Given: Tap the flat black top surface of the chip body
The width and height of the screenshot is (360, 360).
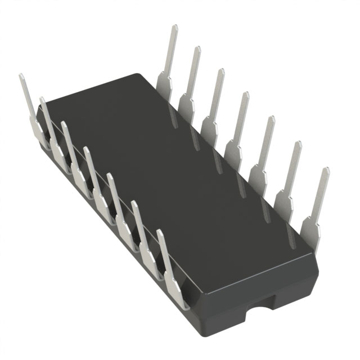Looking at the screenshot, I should [x=169, y=169].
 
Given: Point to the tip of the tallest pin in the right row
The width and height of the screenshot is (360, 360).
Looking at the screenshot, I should [x=175, y=28].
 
